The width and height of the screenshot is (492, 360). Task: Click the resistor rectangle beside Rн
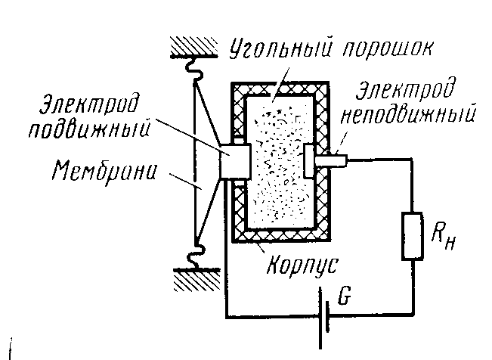413,235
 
